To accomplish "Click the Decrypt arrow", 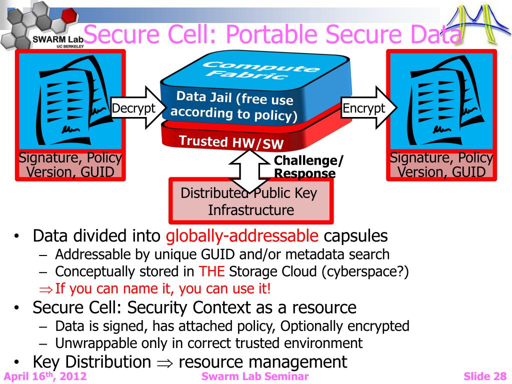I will [x=134, y=108].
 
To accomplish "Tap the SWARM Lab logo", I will [x=42, y=25].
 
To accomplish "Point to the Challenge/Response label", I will [x=308, y=167].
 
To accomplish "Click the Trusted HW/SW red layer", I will [x=231, y=142].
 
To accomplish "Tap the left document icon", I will [x=70, y=100].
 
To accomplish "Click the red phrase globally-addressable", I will [x=242, y=235].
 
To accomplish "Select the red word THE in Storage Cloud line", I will [x=212, y=271].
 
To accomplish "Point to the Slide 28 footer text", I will [x=484, y=376].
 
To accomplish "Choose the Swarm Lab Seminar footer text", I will [x=255, y=376].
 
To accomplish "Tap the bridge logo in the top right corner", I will [x=477, y=22].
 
